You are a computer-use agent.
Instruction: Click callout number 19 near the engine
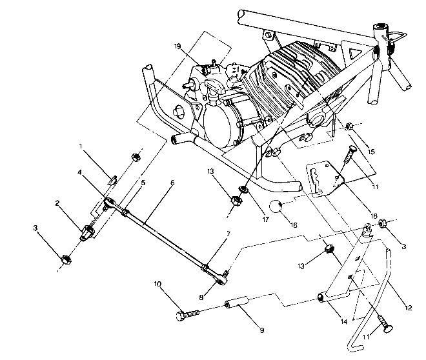click(x=177, y=46)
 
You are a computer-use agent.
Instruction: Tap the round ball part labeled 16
click(x=276, y=208)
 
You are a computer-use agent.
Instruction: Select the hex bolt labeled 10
click(x=186, y=315)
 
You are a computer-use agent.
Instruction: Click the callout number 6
click(x=172, y=183)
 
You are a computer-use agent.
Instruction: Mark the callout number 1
click(x=80, y=146)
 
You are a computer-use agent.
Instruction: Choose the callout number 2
click(x=57, y=203)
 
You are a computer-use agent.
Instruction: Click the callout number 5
click(x=143, y=183)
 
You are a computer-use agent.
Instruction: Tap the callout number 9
click(x=261, y=330)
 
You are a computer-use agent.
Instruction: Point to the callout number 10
click(x=157, y=284)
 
